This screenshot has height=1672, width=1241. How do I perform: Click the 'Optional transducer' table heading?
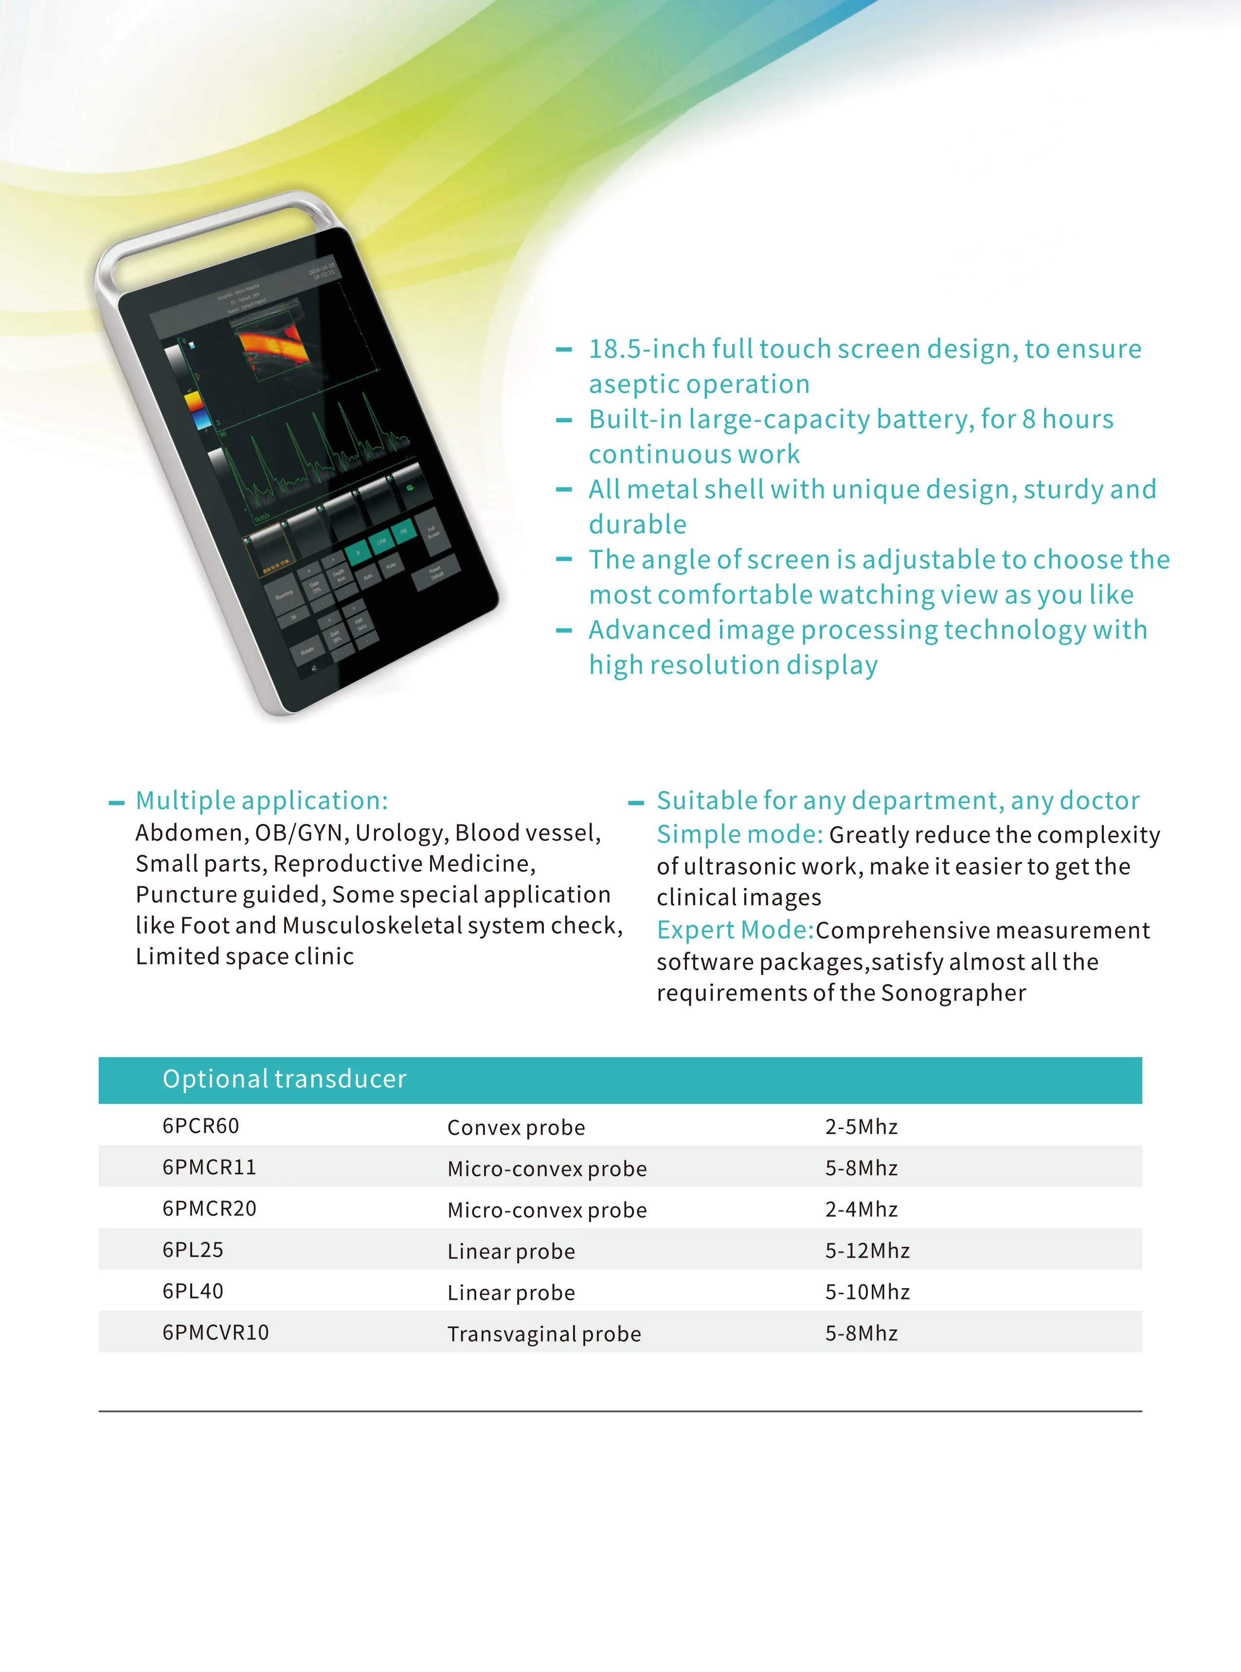tap(284, 1079)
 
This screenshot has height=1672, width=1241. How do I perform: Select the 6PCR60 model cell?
tap(200, 1126)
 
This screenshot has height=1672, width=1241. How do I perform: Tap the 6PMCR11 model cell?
tap(209, 1167)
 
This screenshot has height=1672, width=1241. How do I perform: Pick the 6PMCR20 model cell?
tap(209, 1208)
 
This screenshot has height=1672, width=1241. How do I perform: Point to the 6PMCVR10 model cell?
tap(216, 1332)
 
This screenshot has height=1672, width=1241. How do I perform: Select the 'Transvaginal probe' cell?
tap(544, 1334)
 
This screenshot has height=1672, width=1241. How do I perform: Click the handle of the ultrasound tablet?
tap(218, 225)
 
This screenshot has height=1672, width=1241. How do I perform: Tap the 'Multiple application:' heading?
tap(261, 801)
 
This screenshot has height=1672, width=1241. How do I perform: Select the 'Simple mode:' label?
tap(739, 834)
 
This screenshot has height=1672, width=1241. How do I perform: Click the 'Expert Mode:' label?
tap(735, 930)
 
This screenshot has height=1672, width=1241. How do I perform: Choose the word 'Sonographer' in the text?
tap(953, 993)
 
